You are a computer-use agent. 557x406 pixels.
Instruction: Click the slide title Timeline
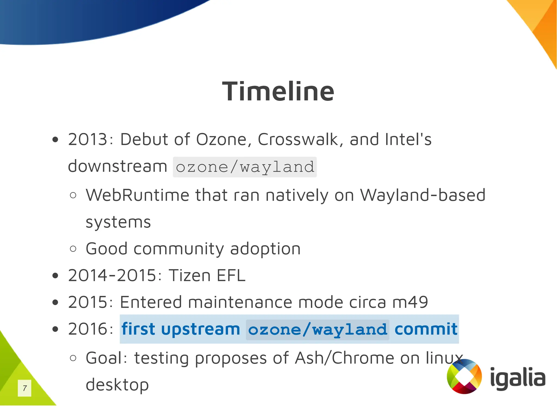278,91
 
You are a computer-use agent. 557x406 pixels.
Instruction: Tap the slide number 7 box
24,388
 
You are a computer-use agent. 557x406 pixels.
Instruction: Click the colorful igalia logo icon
464,376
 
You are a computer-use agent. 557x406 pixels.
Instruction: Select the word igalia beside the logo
518,378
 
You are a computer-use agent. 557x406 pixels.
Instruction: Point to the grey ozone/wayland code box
245,167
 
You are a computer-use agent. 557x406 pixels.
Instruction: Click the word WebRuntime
137,195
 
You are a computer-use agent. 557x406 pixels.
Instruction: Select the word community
179,249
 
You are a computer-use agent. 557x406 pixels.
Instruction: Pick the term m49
410,302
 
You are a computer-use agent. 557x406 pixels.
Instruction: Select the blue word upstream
200,329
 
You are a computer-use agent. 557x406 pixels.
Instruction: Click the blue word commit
426,329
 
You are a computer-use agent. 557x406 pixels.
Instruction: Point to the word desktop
117,385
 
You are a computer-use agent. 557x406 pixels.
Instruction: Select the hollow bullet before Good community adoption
73,249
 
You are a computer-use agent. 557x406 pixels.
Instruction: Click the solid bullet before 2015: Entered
55,302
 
